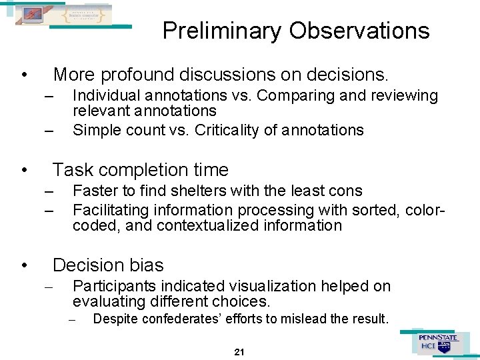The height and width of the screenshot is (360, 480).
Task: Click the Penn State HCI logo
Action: tap(438, 343)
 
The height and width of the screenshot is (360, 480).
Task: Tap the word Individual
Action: tap(105, 96)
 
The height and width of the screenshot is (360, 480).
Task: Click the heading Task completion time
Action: tap(140, 170)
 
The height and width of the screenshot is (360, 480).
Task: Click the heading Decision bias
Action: tap(108, 265)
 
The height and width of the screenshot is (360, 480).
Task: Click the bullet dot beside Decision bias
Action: tap(23, 266)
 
